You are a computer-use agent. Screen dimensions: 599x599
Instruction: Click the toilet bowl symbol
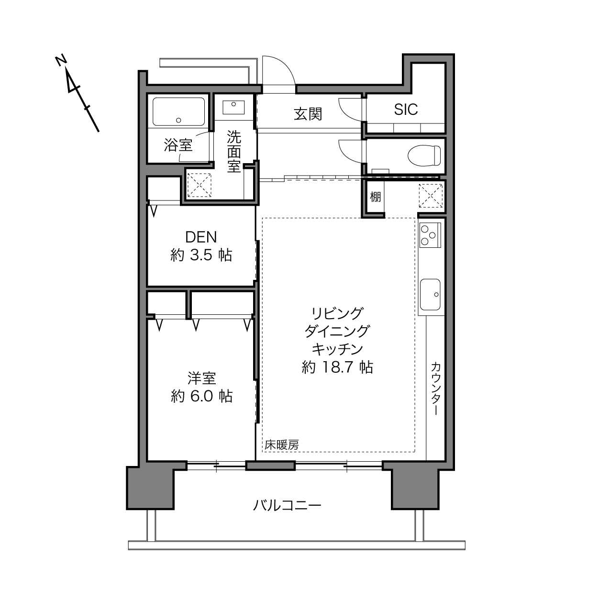pyautogui.click(x=424, y=155)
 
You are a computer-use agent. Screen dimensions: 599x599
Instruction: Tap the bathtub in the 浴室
pyautogui.click(x=178, y=111)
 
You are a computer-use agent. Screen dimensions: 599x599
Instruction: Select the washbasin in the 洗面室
pyautogui.click(x=233, y=107)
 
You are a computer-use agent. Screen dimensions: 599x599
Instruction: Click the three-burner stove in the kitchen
pyautogui.click(x=430, y=235)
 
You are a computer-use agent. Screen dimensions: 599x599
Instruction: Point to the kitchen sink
pyautogui.click(x=430, y=294)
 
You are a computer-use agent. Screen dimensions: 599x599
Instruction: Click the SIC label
pyautogui.click(x=406, y=110)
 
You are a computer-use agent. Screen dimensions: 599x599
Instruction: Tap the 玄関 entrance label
pyautogui.click(x=308, y=114)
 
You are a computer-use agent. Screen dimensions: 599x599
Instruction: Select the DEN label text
pyautogui.click(x=201, y=237)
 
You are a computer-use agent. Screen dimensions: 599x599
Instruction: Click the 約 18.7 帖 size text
pyautogui.click(x=337, y=367)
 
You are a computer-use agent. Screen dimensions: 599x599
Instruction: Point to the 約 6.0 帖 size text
pyautogui.click(x=201, y=396)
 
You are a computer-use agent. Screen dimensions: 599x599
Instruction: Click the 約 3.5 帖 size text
pyautogui.click(x=201, y=255)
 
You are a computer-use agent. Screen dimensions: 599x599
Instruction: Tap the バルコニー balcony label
pyautogui.click(x=287, y=506)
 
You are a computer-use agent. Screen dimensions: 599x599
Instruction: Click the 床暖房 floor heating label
pyautogui.click(x=282, y=445)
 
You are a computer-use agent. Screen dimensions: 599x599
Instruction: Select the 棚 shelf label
pyautogui.click(x=375, y=197)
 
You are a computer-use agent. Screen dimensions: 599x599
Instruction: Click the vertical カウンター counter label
pyautogui.click(x=436, y=388)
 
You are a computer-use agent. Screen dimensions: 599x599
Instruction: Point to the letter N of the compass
pyautogui.click(x=61, y=60)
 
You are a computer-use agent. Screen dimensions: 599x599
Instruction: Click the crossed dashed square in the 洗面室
pyautogui.click(x=199, y=185)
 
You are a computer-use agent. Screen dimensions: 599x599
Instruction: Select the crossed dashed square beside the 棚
pyautogui.click(x=431, y=196)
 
